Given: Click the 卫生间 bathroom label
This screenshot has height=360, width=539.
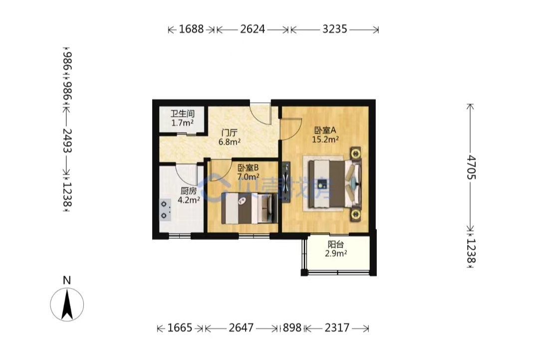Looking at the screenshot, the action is [183, 113].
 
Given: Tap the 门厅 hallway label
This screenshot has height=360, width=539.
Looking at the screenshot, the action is [229, 133].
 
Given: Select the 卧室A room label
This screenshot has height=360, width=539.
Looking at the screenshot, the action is [325, 130].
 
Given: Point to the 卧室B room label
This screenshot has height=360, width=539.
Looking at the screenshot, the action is [248, 168].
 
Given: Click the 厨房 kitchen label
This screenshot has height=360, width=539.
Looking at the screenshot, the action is [189, 190].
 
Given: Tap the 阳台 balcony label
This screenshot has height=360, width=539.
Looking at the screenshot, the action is [336, 245].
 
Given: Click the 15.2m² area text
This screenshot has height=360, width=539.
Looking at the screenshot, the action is [325, 139].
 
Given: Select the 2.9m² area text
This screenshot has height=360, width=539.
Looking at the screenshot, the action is [336, 253].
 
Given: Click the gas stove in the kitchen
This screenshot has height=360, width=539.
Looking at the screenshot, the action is [165, 210].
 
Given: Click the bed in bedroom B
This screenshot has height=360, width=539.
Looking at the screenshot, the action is [249, 208].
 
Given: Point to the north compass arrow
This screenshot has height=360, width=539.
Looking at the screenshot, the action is [67, 304].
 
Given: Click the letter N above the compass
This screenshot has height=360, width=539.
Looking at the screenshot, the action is [67, 280].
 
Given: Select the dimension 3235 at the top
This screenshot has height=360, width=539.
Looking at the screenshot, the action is [334, 29].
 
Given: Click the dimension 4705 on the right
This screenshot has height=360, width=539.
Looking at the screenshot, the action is [471, 168].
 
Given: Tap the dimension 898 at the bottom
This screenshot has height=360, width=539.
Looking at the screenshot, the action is [292, 328].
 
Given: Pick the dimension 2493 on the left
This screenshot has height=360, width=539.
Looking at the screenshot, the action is [67, 141].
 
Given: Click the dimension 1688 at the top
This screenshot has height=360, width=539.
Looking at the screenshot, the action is [191, 29].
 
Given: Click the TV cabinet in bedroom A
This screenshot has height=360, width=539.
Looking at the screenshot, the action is [286, 182].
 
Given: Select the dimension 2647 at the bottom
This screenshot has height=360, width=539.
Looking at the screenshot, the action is [242, 328].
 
